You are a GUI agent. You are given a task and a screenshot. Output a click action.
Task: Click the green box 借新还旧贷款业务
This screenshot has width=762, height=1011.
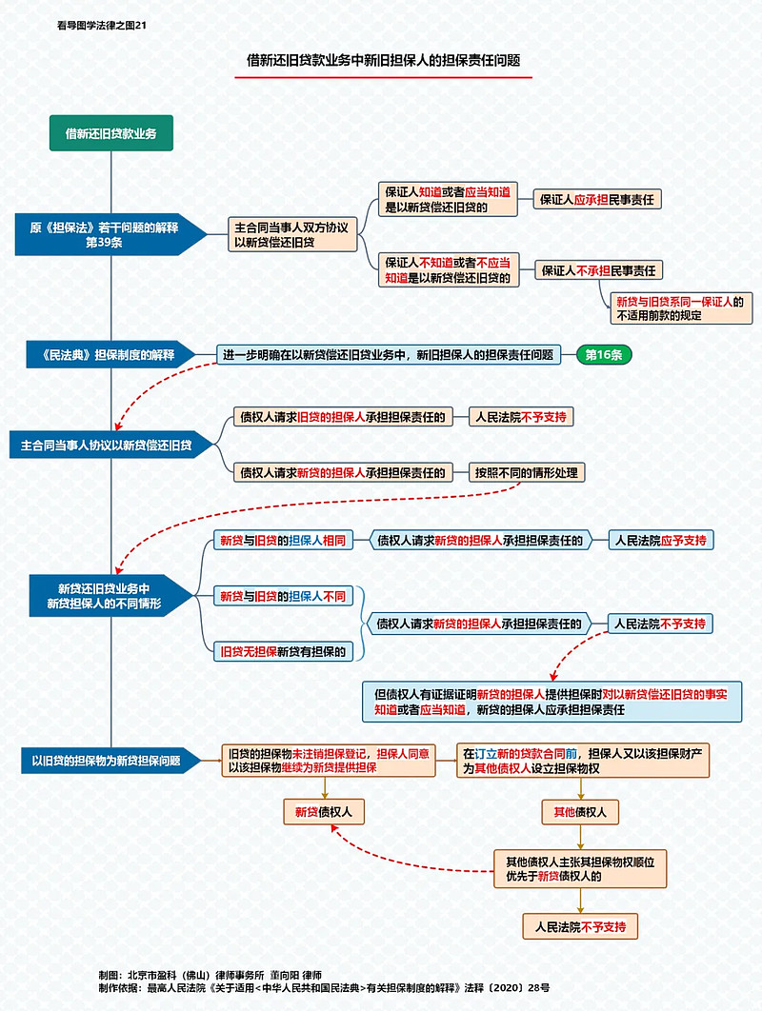pos(111,133)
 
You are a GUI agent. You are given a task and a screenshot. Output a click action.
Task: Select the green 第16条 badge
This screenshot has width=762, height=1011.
pos(603,355)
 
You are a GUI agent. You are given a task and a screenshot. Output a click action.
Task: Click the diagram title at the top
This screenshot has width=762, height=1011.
pos(383,60)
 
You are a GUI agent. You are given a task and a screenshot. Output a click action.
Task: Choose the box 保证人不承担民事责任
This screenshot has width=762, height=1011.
pos(602,270)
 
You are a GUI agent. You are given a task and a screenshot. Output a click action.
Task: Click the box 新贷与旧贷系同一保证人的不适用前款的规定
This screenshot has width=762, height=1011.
pos(680,307)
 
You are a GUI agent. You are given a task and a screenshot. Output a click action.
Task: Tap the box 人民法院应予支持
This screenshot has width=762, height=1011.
pos(660,540)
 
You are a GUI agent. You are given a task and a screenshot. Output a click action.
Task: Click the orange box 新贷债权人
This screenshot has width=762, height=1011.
pos(324,812)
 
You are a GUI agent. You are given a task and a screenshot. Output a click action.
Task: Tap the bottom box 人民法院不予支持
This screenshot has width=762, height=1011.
pos(580,925)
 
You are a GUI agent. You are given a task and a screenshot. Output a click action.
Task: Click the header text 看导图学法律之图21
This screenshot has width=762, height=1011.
pos(102,25)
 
